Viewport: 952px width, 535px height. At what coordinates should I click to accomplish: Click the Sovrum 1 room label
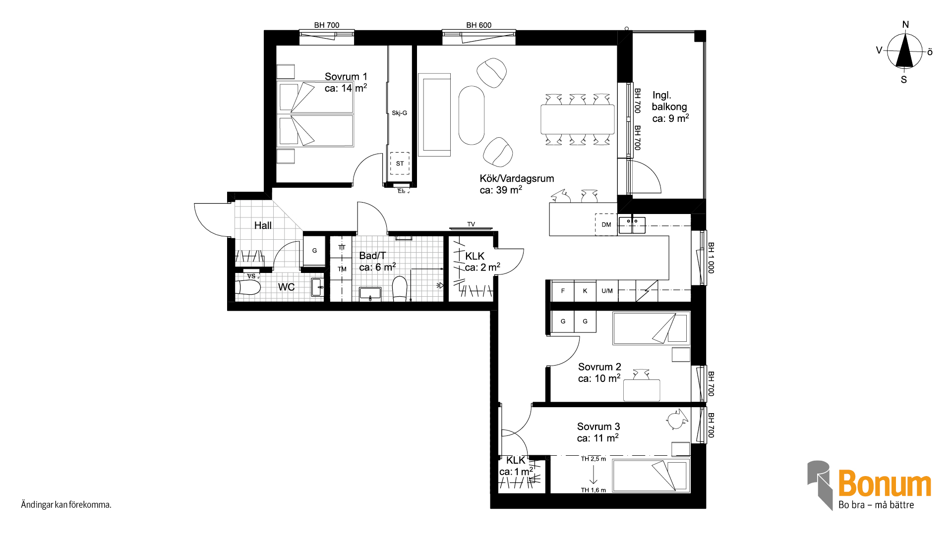[x=346, y=77]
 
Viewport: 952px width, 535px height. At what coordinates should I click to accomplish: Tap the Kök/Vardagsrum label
[x=517, y=179]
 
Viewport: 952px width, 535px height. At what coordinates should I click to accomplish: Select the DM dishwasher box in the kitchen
[x=606, y=224]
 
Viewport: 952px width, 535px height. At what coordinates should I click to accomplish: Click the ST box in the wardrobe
[x=400, y=163]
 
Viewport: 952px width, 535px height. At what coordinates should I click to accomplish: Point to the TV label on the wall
[x=471, y=224]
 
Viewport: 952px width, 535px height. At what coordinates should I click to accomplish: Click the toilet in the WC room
[x=248, y=287]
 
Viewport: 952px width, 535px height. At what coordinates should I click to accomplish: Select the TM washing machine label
[x=342, y=269]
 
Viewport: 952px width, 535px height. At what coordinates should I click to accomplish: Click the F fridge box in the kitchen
[x=563, y=291]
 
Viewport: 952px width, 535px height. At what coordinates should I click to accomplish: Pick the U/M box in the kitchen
[x=607, y=291]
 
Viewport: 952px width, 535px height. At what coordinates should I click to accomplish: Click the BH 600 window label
[x=479, y=25]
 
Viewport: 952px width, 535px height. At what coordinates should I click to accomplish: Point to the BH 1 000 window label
[x=711, y=258]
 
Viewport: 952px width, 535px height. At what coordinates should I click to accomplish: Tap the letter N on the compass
[x=905, y=25]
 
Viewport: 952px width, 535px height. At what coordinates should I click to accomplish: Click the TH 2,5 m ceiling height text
[x=594, y=459]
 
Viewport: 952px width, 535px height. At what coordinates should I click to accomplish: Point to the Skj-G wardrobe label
[x=399, y=113]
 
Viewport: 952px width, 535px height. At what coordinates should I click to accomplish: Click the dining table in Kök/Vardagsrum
[x=578, y=119]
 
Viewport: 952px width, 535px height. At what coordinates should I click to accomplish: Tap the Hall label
[x=263, y=225]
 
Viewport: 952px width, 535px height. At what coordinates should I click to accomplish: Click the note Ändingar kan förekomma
[x=66, y=505]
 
